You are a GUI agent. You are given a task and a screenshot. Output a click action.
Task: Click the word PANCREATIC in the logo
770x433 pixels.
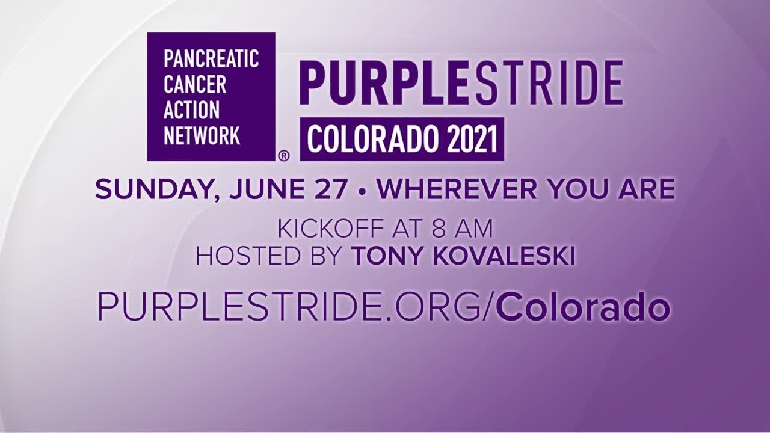click(x=211, y=59)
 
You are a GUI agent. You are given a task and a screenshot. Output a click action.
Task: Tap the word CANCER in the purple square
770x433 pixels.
click(x=195, y=85)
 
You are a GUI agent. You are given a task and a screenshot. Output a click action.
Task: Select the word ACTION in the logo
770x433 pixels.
click(x=192, y=110)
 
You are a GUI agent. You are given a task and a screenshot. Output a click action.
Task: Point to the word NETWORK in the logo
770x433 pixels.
click(x=202, y=135)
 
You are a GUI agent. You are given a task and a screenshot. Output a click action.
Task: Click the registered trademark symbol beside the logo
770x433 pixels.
click(x=284, y=155)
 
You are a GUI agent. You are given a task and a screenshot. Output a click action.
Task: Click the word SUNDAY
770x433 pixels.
click(x=144, y=190)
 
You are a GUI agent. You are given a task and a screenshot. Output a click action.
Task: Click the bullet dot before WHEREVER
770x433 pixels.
click(x=362, y=191)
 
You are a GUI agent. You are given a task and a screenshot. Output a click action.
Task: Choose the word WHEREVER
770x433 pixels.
click(x=458, y=190)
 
